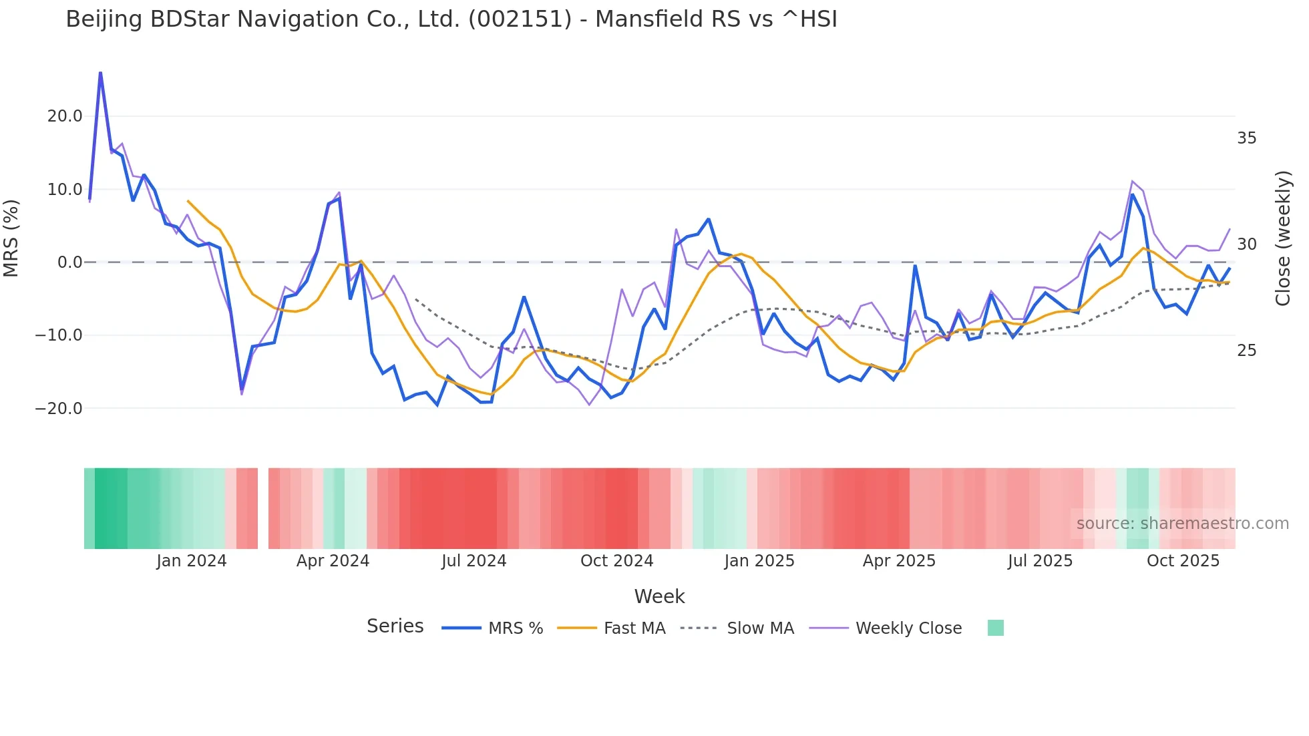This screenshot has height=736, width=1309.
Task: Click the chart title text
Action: pos(451,19)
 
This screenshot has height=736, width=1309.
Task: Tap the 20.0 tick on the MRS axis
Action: pos(65,116)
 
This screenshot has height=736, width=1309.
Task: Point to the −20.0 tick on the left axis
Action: pos(59,408)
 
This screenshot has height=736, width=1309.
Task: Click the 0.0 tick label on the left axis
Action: pos(69,262)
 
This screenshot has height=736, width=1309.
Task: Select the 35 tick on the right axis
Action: pos(1246,138)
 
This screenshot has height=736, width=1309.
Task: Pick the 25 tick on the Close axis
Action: pos(1246,351)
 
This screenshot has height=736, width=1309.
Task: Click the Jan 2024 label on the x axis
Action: pos(192,561)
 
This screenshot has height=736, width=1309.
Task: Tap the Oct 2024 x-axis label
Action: pos(616,561)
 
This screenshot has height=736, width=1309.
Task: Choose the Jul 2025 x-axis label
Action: pos(1040,561)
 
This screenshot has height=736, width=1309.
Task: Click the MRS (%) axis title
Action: pos(11,238)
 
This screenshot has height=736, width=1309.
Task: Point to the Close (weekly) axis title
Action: pos(1283,238)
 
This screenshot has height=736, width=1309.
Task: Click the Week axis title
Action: pos(659,596)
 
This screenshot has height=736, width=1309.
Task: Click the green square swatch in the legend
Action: pos(995,628)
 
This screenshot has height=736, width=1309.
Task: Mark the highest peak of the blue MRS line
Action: pos(100,73)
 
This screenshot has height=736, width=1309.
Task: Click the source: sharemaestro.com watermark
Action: pos(1182,524)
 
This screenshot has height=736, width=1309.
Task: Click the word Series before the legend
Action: pos(395,626)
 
